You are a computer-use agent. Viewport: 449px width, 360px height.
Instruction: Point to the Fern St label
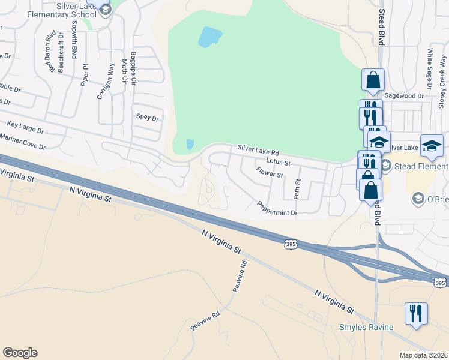pyautogui.click(x=297, y=190)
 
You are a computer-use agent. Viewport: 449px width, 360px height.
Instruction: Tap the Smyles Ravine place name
pyautogui.click(x=366, y=327)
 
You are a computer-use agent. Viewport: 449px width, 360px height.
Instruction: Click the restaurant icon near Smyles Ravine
pyautogui.click(x=415, y=313)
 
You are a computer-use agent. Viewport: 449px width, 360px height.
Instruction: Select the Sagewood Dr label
pyautogui.click(x=404, y=95)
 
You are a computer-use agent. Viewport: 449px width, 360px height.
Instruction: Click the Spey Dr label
pyautogui.click(x=147, y=118)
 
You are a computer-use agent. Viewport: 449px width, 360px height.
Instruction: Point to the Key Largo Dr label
pyautogui.click(x=25, y=127)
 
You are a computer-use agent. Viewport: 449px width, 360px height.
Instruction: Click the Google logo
pyautogui.click(x=20, y=353)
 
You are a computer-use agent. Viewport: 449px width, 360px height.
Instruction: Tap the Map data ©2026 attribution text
pyautogui.click(x=423, y=355)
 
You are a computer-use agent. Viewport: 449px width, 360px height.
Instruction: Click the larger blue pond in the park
pyautogui.click(x=208, y=37)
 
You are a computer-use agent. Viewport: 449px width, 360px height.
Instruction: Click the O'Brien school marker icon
pyautogui.click(x=417, y=198)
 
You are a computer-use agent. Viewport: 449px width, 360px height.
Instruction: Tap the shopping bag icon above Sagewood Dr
pyautogui.click(x=373, y=80)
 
